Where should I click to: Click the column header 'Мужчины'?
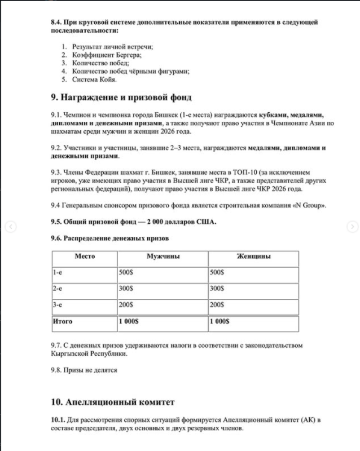click(x=163, y=257)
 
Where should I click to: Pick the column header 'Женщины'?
click(x=253, y=257)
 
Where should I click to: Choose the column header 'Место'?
click(x=85, y=257)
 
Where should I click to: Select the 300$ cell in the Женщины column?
click(x=217, y=289)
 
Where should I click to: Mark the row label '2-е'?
click(x=57, y=289)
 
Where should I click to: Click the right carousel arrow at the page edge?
click(x=350, y=227)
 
